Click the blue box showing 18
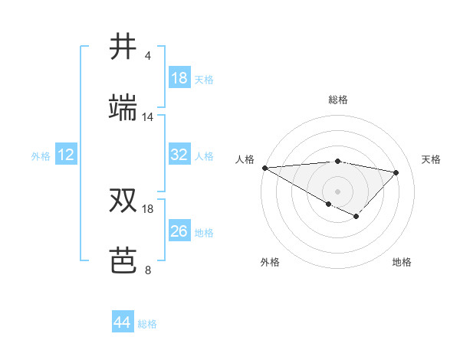(179, 78)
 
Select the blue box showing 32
(179, 155)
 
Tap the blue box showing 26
(179, 231)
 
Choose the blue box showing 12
(66, 155)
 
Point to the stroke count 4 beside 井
(147, 56)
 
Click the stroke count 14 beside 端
(147, 117)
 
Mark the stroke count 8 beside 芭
(147, 270)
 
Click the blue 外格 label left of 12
(41, 155)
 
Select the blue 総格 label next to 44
(147, 324)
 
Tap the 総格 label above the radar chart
(338, 100)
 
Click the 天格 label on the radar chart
(432, 159)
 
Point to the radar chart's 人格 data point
(264, 168)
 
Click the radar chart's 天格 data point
(396, 172)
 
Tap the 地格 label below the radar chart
(402, 262)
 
